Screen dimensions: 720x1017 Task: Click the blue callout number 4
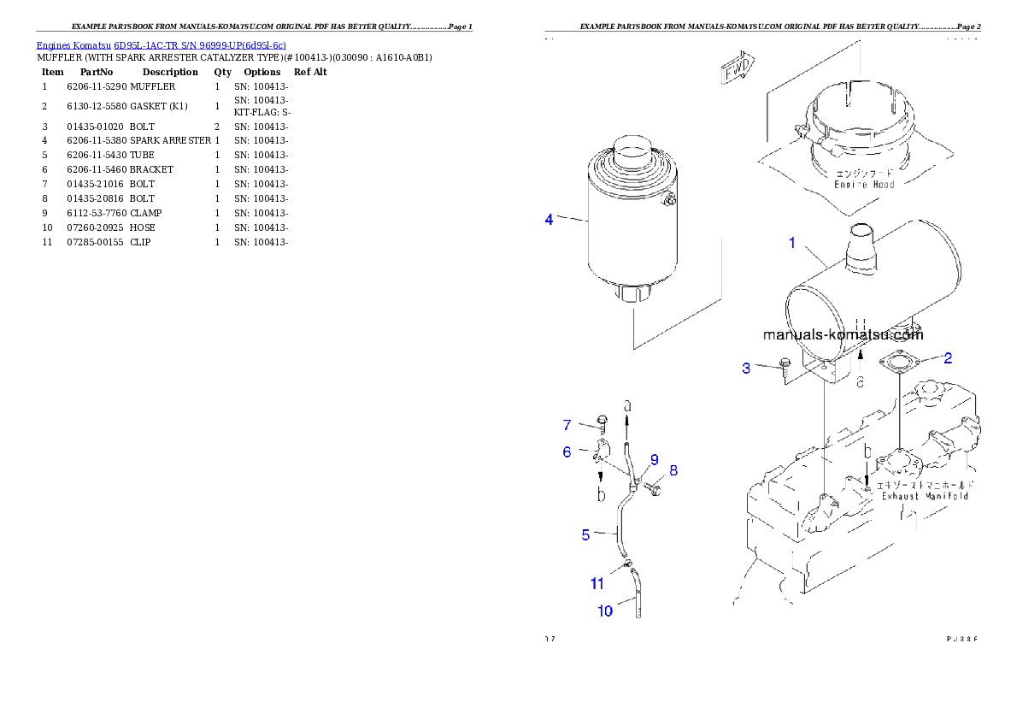point(550,220)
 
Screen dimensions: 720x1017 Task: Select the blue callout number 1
point(792,244)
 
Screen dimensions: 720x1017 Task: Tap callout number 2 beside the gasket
point(948,358)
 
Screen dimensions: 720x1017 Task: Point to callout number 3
point(746,369)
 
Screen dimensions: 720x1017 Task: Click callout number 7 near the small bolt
point(567,425)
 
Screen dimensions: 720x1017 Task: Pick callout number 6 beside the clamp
point(567,452)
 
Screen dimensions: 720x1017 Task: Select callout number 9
point(655,460)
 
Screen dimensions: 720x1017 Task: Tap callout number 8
point(673,469)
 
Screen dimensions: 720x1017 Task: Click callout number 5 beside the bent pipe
point(585,534)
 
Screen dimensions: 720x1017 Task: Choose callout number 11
point(597,584)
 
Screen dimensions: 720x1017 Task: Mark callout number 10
point(605,611)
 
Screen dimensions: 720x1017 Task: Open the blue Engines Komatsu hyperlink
point(161,44)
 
